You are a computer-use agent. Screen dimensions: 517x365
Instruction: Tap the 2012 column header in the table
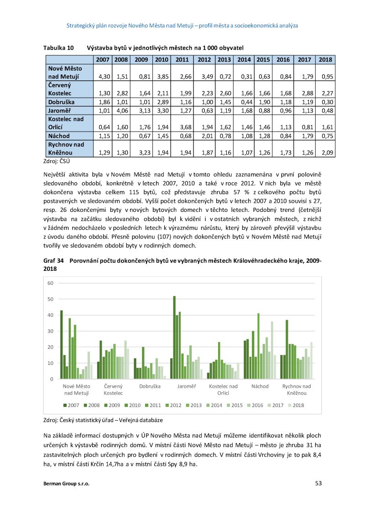[204, 60]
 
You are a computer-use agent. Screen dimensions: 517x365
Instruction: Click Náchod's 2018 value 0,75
[326, 136]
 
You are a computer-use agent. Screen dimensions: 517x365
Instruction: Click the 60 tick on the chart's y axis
[50, 283]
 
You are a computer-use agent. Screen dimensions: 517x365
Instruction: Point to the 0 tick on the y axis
[52, 379]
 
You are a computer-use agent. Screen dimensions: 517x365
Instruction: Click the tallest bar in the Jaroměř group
[174, 338]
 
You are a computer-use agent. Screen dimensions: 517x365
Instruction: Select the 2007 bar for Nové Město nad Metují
[61, 345]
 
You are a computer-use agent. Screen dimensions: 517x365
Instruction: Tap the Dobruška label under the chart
[149, 386]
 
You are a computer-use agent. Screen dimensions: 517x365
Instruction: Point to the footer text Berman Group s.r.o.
[66, 484]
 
